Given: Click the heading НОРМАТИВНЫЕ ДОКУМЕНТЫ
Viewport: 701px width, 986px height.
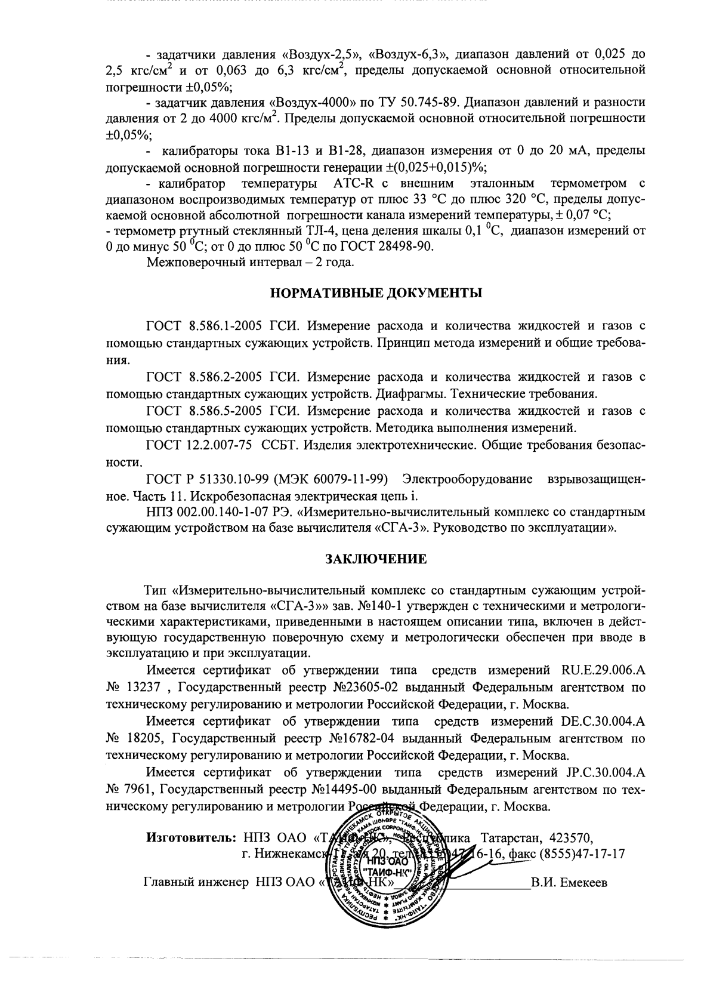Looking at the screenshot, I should [375, 293].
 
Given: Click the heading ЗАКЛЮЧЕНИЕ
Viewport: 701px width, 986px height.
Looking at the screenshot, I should [375, 559].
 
